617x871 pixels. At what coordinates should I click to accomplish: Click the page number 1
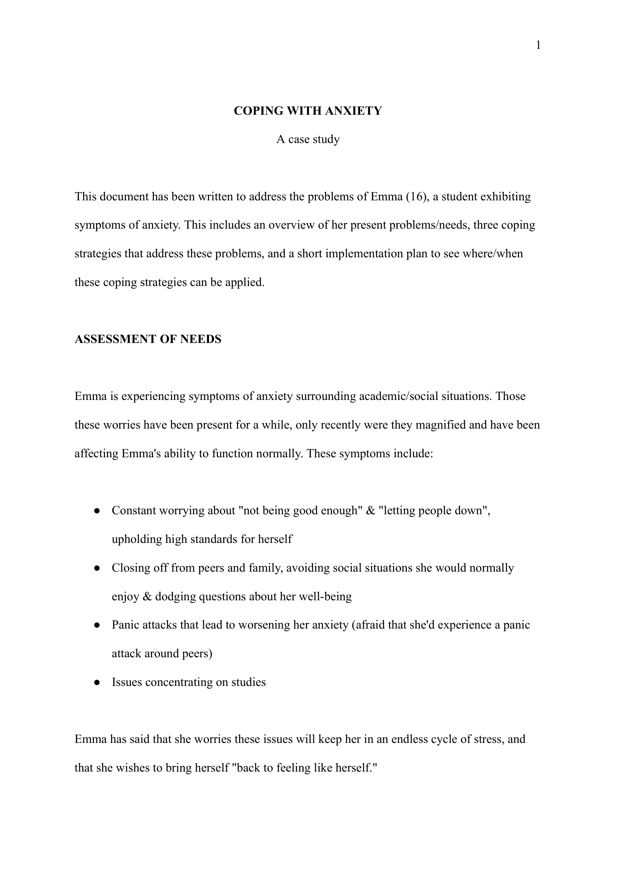point(538,45)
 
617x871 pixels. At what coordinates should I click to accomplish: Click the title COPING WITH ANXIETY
point(308,111)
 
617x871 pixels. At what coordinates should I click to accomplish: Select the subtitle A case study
point(308,139)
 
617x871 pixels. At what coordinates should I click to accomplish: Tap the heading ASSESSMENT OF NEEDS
point(148,339)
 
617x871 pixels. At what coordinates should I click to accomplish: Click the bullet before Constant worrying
point(97,511)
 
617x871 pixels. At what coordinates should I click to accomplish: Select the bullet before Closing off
point(97,568)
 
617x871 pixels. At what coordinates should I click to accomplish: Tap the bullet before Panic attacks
point(97,625)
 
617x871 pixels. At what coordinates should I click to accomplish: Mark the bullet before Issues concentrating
point(97,683)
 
